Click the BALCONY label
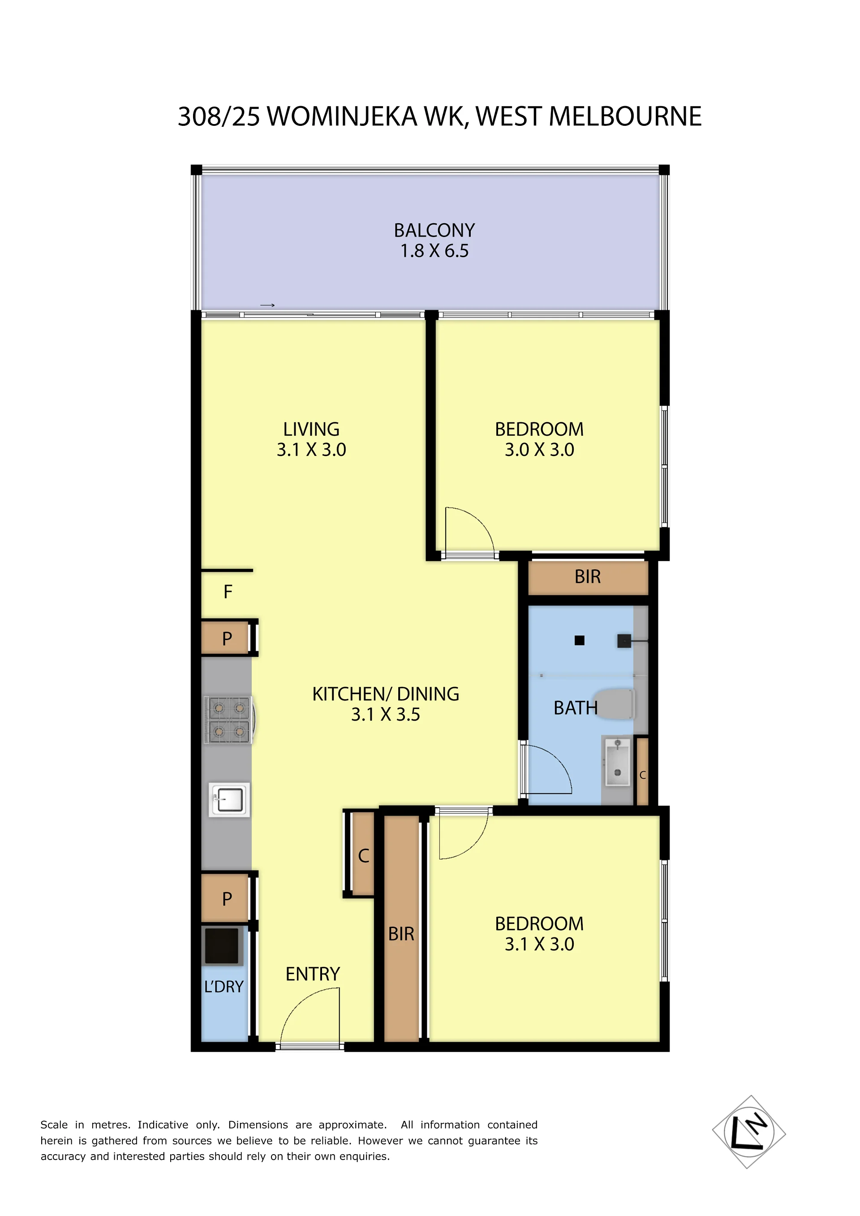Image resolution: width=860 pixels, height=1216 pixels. tap(434, 230)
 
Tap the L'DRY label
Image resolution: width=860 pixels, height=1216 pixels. tap(224, 987)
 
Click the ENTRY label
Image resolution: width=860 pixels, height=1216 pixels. tap(313, 974)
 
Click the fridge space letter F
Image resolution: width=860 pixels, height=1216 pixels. tap(228, 592)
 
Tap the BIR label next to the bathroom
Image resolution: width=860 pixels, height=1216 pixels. tap(587, 577)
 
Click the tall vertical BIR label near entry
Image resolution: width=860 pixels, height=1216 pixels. tap(401, 934)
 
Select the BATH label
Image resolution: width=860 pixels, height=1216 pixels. tap(575, 708)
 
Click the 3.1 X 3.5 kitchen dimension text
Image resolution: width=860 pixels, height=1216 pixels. tap(386, 714)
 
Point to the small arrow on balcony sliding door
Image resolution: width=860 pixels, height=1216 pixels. tap(267, 305)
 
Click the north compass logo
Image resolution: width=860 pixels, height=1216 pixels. tap(749, 1132)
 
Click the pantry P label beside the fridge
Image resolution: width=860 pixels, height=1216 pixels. tap(227, 639)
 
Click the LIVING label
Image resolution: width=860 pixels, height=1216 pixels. tap(311, 429)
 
